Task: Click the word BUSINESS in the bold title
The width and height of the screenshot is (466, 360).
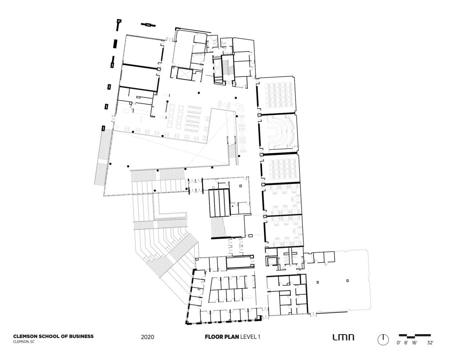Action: [x=79, y=336]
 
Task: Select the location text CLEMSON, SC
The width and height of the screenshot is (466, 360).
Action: [x=24, y=342]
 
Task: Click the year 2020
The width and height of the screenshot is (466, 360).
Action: [x=147, y=337]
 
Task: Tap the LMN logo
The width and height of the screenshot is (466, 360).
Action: [x=343, y=337]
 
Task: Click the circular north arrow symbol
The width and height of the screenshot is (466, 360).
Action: [x=383, y=339]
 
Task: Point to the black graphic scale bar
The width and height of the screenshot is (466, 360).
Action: [x=415, y=335]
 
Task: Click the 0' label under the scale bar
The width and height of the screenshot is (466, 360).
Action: [x=399, y=343]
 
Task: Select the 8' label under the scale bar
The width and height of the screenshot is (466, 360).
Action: [x=407, y=343]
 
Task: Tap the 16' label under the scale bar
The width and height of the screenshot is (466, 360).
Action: [x=415, y=343]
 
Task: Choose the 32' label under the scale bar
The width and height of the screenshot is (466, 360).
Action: [x=430, y=343]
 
